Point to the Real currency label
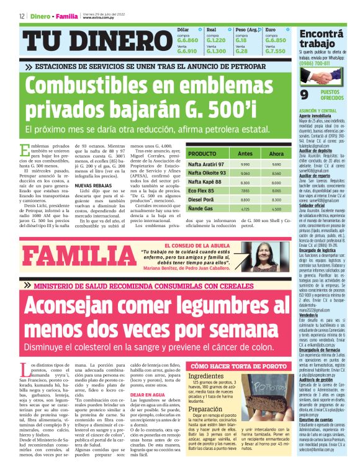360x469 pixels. [x=211, y=29]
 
